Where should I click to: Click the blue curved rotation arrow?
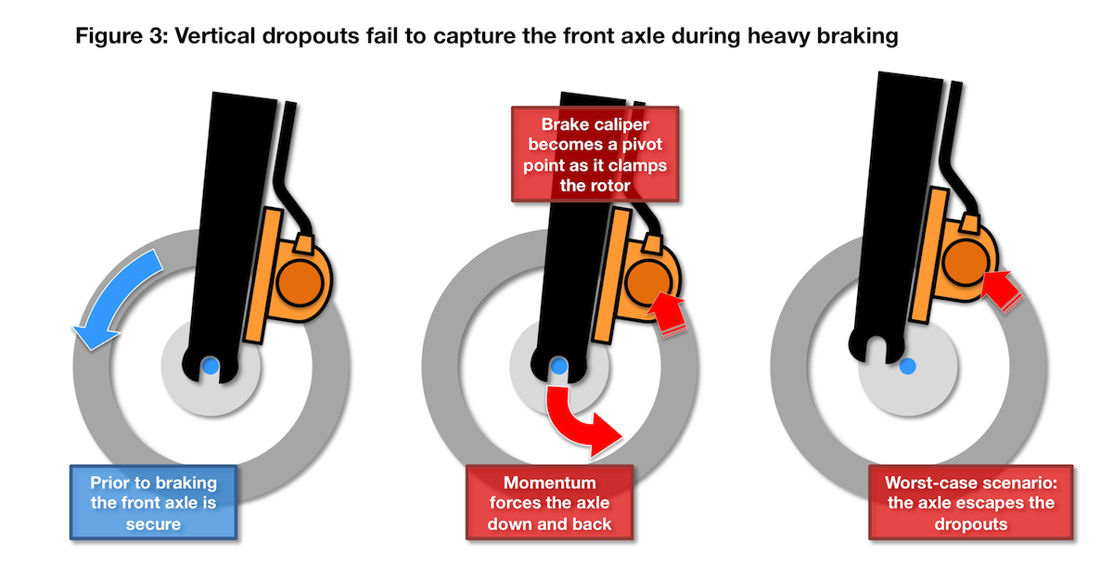coord(113,292)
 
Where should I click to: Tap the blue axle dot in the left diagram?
coord(211,367)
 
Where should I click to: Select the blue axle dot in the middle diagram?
coord(559,367)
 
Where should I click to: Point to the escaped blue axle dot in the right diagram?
coord(908,367)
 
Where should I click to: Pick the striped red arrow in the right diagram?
coord(1001,290)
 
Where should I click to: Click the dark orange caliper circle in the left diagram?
coord(301,282)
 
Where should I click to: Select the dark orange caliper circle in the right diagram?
coord(966,262)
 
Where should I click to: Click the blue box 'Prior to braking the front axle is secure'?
coord(154,502)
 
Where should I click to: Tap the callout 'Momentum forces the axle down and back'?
coord(549,502)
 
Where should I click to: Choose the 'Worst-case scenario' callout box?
coord(971,502)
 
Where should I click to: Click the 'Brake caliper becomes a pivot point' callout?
coord(595,154)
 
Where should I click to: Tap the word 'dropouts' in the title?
coord(310,37)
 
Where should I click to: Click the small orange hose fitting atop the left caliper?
coord(303,243)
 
